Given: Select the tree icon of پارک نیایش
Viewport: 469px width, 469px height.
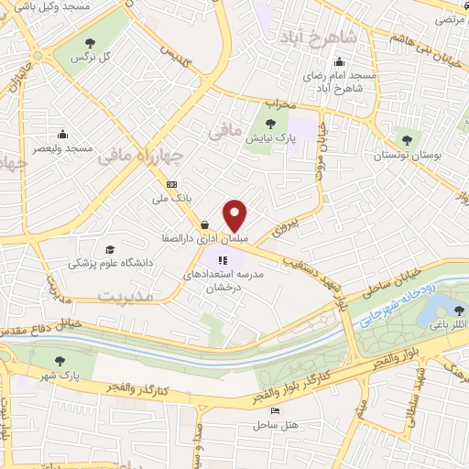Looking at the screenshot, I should [268, 124].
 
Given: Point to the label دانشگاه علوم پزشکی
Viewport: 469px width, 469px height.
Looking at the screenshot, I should [113, 263].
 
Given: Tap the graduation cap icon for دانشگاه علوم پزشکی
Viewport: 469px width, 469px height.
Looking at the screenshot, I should [110, 249].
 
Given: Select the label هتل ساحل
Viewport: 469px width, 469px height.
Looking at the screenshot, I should [282, 426].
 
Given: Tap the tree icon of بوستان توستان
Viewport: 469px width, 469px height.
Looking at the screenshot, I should [406, 140].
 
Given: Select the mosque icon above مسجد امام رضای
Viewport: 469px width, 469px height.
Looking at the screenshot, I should [339, 62].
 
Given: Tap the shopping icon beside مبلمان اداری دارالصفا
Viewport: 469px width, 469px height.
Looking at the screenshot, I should [203, 225].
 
